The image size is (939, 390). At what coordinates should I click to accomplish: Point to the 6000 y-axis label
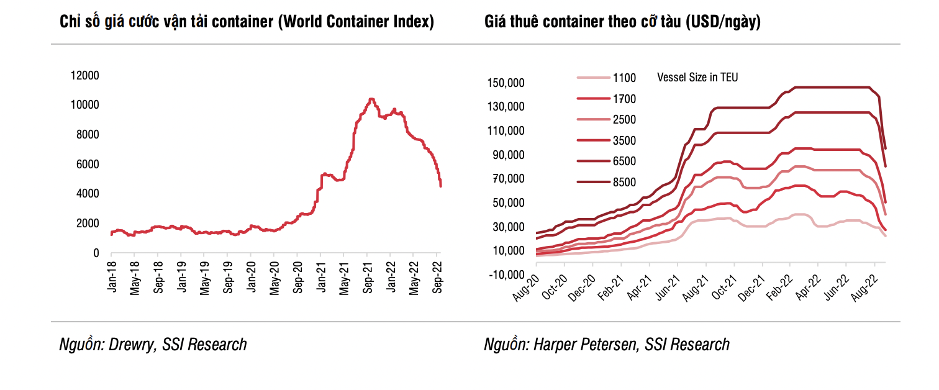(88, 164)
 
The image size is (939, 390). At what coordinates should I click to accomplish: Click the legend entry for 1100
(624, 78)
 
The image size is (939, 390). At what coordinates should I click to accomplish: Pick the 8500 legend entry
(624, 182)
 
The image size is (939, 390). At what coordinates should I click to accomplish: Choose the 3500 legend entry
(624, 140)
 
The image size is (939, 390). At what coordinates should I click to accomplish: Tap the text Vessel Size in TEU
(697, 78)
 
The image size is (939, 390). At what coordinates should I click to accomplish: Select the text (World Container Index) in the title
(356, 22)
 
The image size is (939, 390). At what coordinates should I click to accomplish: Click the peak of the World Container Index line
(371, 99)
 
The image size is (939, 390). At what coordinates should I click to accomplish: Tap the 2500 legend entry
(624, 119)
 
